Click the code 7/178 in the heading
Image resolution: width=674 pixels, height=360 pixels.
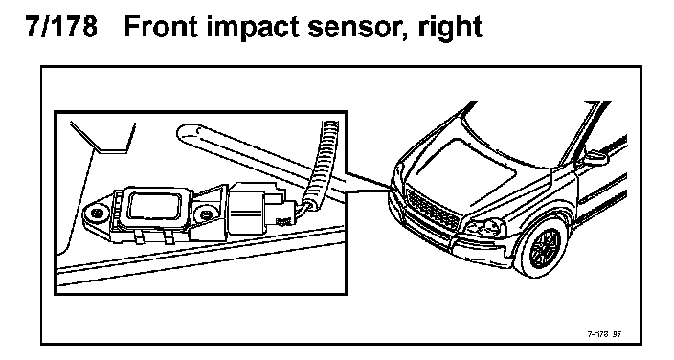point(61,27)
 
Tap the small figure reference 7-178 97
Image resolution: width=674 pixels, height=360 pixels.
point(604,334)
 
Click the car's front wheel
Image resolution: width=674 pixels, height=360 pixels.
point(545,248)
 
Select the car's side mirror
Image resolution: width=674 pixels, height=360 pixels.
point(595,158)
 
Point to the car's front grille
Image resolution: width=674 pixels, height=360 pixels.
point(433,211)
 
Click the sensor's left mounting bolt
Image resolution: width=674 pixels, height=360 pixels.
point(97,213)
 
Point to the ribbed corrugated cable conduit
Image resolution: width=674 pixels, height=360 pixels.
point(322,161)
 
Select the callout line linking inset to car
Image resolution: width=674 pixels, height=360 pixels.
point(370,182)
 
